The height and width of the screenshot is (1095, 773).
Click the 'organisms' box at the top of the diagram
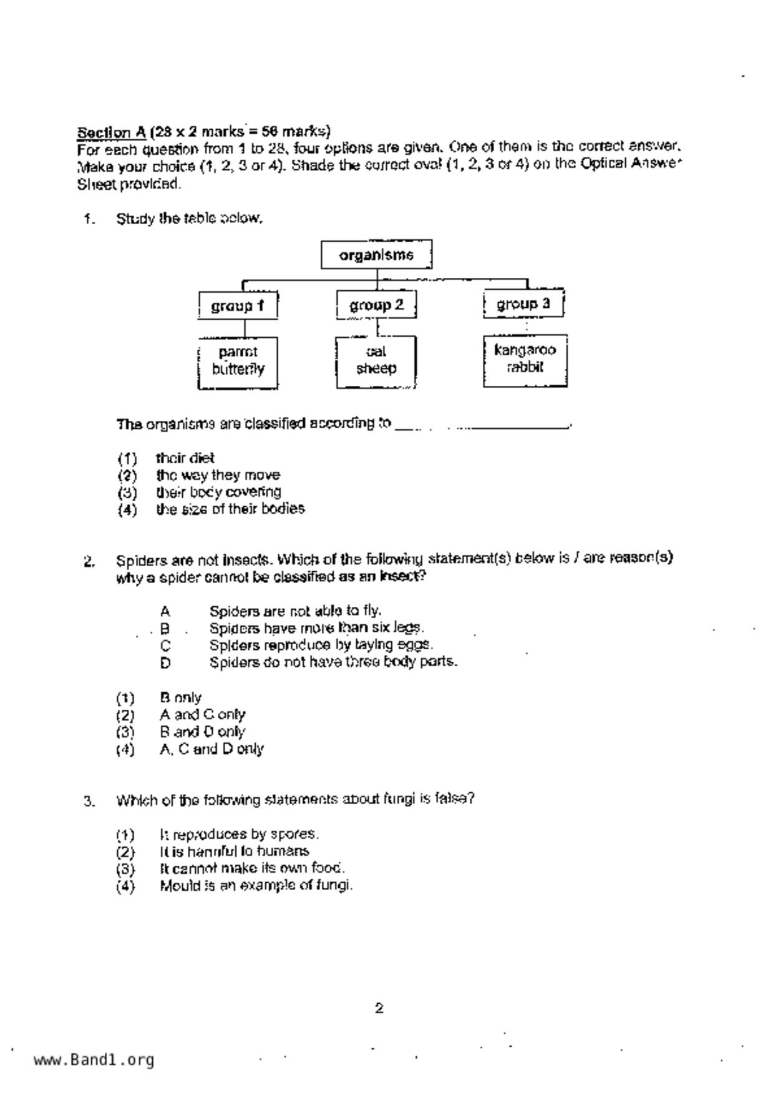click(376, 255)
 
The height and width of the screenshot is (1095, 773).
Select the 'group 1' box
click(238, 306)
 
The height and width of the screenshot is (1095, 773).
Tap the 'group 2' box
click(376, 305)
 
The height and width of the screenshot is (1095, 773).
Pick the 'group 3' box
click(523, 304)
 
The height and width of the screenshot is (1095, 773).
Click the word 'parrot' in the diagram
click(238, 352)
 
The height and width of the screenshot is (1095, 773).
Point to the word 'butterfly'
click(238, 369)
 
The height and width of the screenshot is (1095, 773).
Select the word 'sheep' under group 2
click(376, 368)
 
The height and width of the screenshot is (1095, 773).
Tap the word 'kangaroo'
click(525, 350)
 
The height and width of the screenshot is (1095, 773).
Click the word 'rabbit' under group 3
click(525, 367)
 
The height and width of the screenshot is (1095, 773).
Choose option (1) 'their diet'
click(185, 458)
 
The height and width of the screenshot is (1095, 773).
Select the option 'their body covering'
click(218, 492)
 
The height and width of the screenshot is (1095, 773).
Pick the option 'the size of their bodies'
click(230, 509)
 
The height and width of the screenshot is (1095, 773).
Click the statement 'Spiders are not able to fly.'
click(295, 611)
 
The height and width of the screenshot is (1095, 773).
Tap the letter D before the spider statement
click(165, 662)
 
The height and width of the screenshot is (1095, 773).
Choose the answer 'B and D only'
click(202, 732)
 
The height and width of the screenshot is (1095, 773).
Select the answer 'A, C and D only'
click(211, 749)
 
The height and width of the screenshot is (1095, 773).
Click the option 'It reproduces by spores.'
click(239, 834)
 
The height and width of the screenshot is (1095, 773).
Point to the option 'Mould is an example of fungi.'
click(256, 885)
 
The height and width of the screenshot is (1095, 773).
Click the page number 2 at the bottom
click(379, 1008)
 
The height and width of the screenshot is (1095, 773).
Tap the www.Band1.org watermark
click(94, 1060)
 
